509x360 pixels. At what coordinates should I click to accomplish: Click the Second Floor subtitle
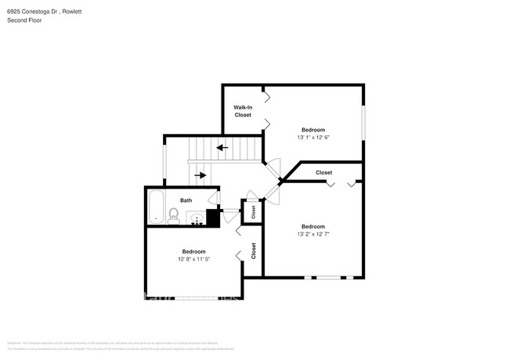24,20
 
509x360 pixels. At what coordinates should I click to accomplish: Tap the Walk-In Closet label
243,111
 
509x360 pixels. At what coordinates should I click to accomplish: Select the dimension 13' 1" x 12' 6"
313,138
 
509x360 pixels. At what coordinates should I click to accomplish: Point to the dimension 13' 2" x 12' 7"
313,234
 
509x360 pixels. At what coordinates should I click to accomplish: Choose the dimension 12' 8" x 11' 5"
194,259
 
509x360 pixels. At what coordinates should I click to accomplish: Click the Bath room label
186,200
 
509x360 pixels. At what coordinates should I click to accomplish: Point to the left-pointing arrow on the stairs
222,146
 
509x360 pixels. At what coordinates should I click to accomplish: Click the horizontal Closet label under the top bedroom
323,172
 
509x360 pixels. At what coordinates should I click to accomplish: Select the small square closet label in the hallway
252,211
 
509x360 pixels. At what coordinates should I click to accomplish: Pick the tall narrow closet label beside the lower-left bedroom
253,250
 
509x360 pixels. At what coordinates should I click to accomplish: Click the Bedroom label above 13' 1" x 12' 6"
313,130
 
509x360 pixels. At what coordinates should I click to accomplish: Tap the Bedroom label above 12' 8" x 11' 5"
194,251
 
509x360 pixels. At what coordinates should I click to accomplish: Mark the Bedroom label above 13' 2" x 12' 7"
313,226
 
